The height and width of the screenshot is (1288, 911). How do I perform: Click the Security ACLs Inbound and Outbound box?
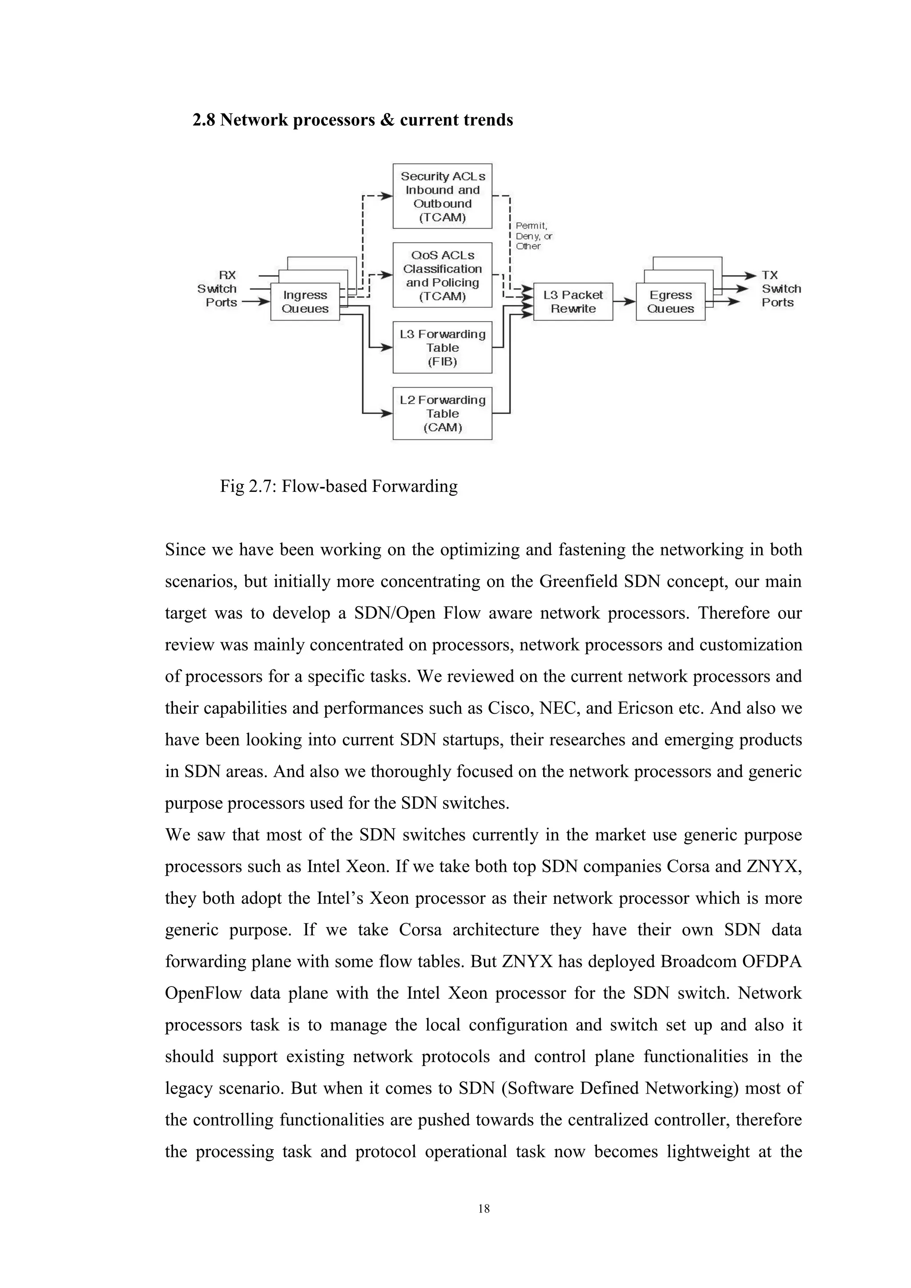pyautogui.click(x=442, y=196)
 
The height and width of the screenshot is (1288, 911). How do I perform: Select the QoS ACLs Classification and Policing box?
pyautogui.click(x=442, y=275)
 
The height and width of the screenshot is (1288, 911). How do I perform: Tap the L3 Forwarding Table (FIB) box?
pyautogui.click(x=442, y=348)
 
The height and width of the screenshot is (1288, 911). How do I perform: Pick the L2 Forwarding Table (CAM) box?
pyautogui.click(x=442, y=414)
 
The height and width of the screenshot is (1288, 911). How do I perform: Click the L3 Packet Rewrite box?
pyautogui.click(x=573, y=302)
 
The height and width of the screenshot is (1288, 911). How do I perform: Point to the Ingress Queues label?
pyautogui.click(x=305, y=302)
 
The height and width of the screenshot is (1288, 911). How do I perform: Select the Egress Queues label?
pyautogui.click(x=670, y=302)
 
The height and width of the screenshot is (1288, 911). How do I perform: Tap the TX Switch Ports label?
pyautogui.click(x=780, y=288)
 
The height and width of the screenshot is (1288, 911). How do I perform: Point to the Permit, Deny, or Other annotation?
pyautogui.click(x=533, y=236)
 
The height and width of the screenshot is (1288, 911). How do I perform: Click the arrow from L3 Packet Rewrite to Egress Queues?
pyautogui.click(x=624, y=302)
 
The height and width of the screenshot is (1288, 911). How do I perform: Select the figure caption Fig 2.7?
pyautogui.click(x=339, y=486)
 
